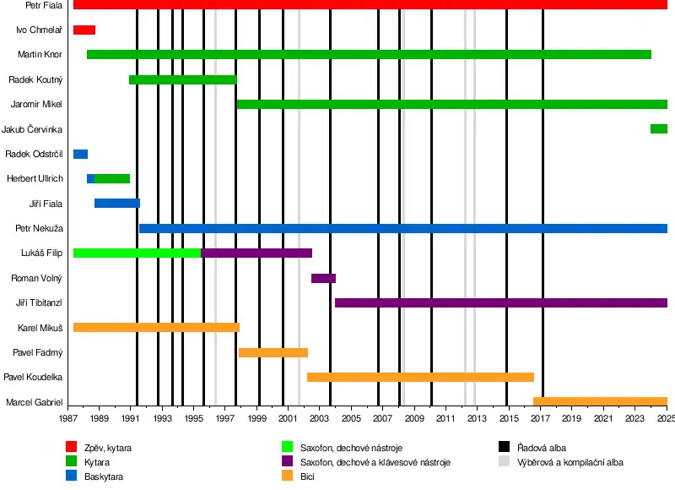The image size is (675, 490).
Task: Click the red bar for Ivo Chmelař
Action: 84,30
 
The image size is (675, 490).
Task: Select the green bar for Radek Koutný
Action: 182,80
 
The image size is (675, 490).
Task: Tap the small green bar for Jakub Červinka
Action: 659,129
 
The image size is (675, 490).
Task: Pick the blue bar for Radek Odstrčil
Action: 80,154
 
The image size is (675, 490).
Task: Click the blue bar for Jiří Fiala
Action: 116,204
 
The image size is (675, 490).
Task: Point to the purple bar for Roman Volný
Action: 323,278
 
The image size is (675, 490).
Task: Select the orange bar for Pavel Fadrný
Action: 273,352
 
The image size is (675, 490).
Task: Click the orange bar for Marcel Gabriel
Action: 600,402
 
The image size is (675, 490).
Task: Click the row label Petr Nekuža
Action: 40,228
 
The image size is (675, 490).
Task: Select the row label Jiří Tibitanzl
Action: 40,302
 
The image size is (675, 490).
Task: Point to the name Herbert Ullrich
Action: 35,178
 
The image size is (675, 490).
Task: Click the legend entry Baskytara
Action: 105,477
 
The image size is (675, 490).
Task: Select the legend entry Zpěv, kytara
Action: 108,448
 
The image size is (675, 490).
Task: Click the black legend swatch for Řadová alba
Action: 504,448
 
